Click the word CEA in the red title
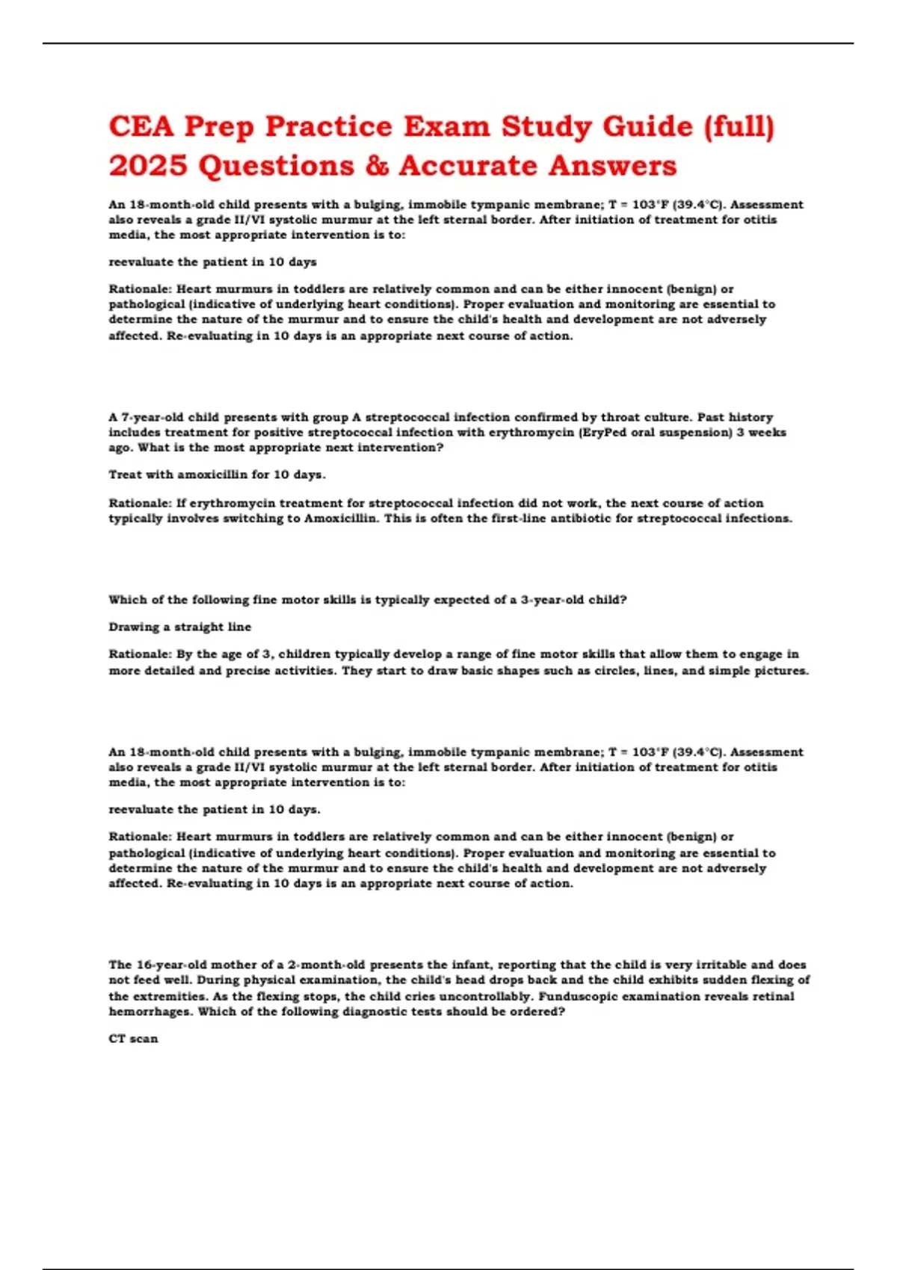(141, 126)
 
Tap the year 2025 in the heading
(147, 166)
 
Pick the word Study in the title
(546, 126)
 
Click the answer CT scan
(133, 1038)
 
